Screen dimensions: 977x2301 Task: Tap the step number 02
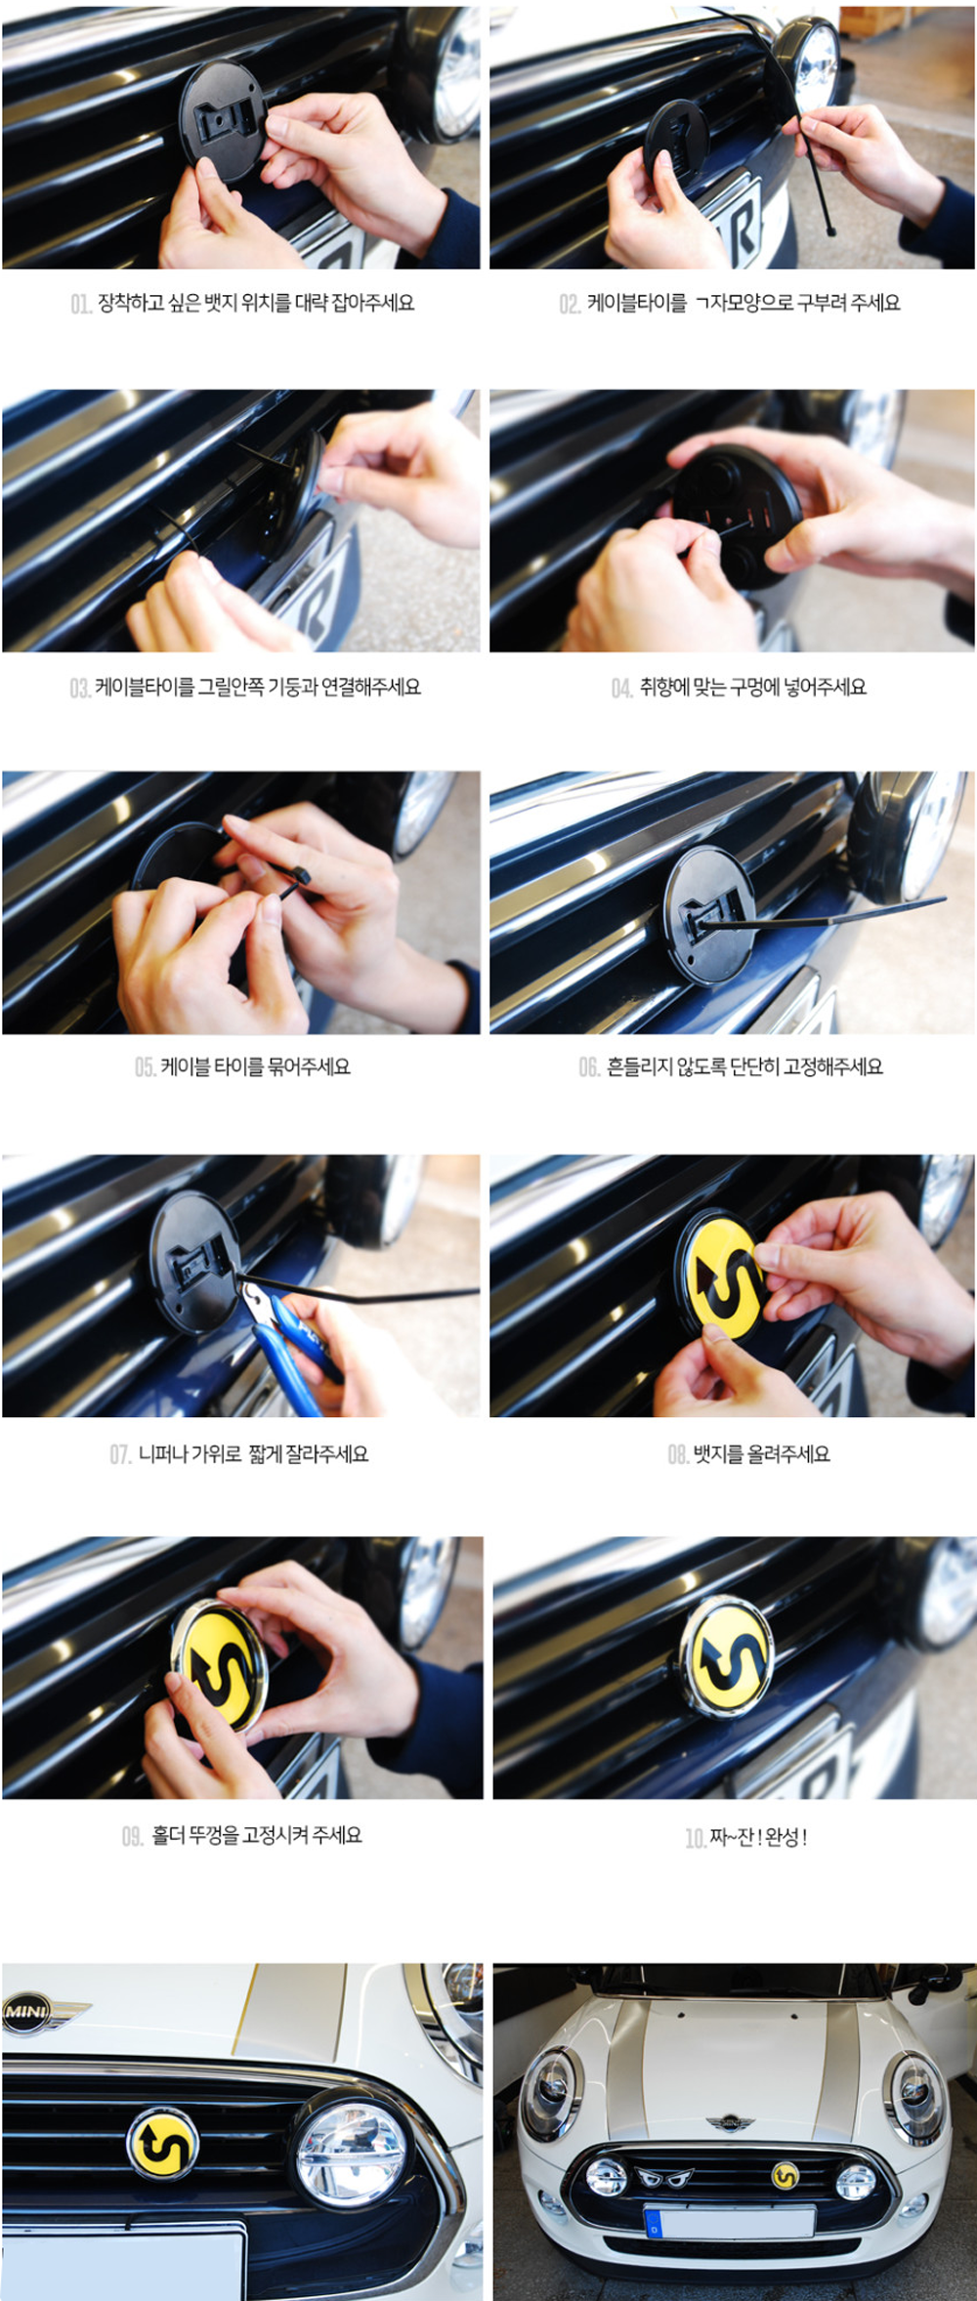(x=570, y=305)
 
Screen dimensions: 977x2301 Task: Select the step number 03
(x=80, y=689)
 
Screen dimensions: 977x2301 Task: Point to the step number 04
(x=622, y=689)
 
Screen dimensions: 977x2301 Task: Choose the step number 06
(x=589, y=1067)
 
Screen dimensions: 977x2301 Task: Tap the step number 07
(x=120, y=1455)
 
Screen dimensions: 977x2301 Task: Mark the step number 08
(x=678, y=1455)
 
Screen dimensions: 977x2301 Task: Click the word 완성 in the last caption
(x=782, y=1837)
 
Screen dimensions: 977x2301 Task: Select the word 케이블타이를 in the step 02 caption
(x=637, y=304)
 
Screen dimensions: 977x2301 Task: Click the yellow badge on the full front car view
(x=786, y=2175)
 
